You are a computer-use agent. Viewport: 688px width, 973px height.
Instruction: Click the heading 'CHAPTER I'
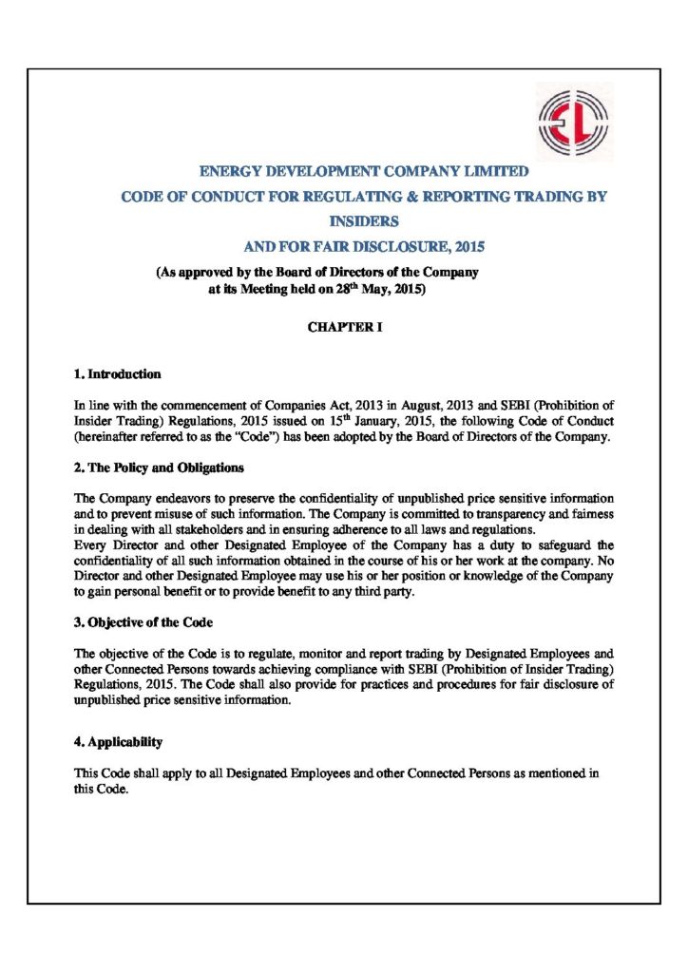(343, 326)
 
